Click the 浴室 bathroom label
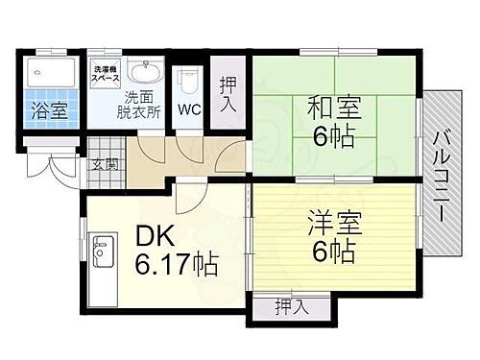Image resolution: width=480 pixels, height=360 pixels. (x=47, y=110)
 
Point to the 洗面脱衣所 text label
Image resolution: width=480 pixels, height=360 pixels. (x=142, y=104)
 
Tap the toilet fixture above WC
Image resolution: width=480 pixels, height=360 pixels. (x=188, y=76)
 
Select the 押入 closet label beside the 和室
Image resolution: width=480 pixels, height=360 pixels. (x=228, y=94)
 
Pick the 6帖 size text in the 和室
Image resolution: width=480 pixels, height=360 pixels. (x=331, y=133)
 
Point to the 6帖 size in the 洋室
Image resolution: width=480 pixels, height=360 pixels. (x=330, y=252)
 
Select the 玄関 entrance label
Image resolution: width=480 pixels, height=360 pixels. (x=106, y=163)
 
